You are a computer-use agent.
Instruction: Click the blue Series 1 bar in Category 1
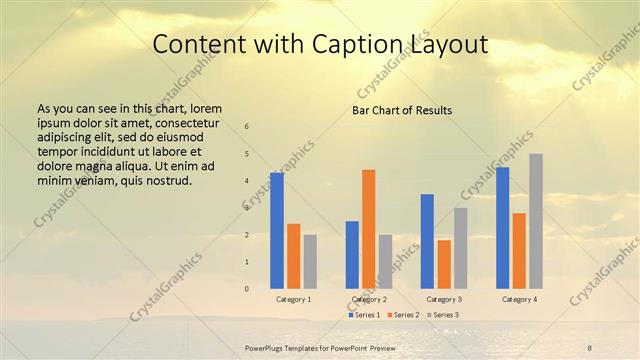tap(277, 230)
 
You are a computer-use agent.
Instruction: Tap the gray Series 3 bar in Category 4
tap(536, 221)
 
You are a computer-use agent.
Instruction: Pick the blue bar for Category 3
tap(427, 241)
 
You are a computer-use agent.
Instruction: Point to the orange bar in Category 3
tap(444, 264)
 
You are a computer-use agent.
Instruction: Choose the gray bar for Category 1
tap(310, 261)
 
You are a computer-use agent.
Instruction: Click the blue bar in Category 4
tap(503, 227)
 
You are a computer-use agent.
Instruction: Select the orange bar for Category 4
tap(519, 250)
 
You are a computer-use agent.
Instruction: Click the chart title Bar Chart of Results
tap(402, 110)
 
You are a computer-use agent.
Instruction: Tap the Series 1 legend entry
tap(365, 315)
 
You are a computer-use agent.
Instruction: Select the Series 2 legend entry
tap(403, 315)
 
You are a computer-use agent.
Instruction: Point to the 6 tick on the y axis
tap(247, 127)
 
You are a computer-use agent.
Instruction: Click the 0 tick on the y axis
tap(247, 289)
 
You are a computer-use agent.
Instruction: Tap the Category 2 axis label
tap(369, 299)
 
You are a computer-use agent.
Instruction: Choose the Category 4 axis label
tap(519, 299)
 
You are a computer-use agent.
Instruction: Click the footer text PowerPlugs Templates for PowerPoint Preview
tap(320, 345)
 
